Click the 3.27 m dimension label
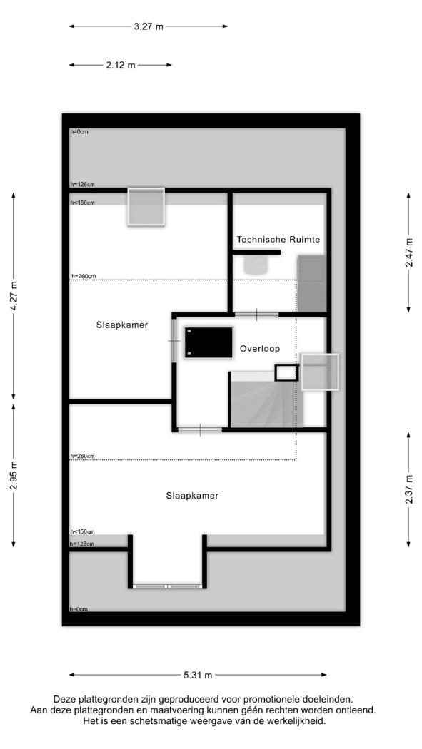[x=148, y=27]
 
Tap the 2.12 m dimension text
[x=121, y=66]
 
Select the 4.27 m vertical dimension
[x=14, y=296]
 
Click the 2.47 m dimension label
[x=408, y=253]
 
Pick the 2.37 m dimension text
[x=408, y=489]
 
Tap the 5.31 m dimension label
[x=198, y=676]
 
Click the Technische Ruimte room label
[x=278, y=239]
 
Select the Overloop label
[x=260, y=350]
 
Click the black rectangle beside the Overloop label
[x=209, y=342]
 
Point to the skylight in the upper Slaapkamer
[x=146, y=206]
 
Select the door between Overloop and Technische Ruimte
[x=256, y=315]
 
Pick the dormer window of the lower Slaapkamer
[x=167, y=586]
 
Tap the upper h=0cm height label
[x=79, y=132]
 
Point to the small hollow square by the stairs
[x=287, y=372]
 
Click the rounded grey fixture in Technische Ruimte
[x=255, y=265]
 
